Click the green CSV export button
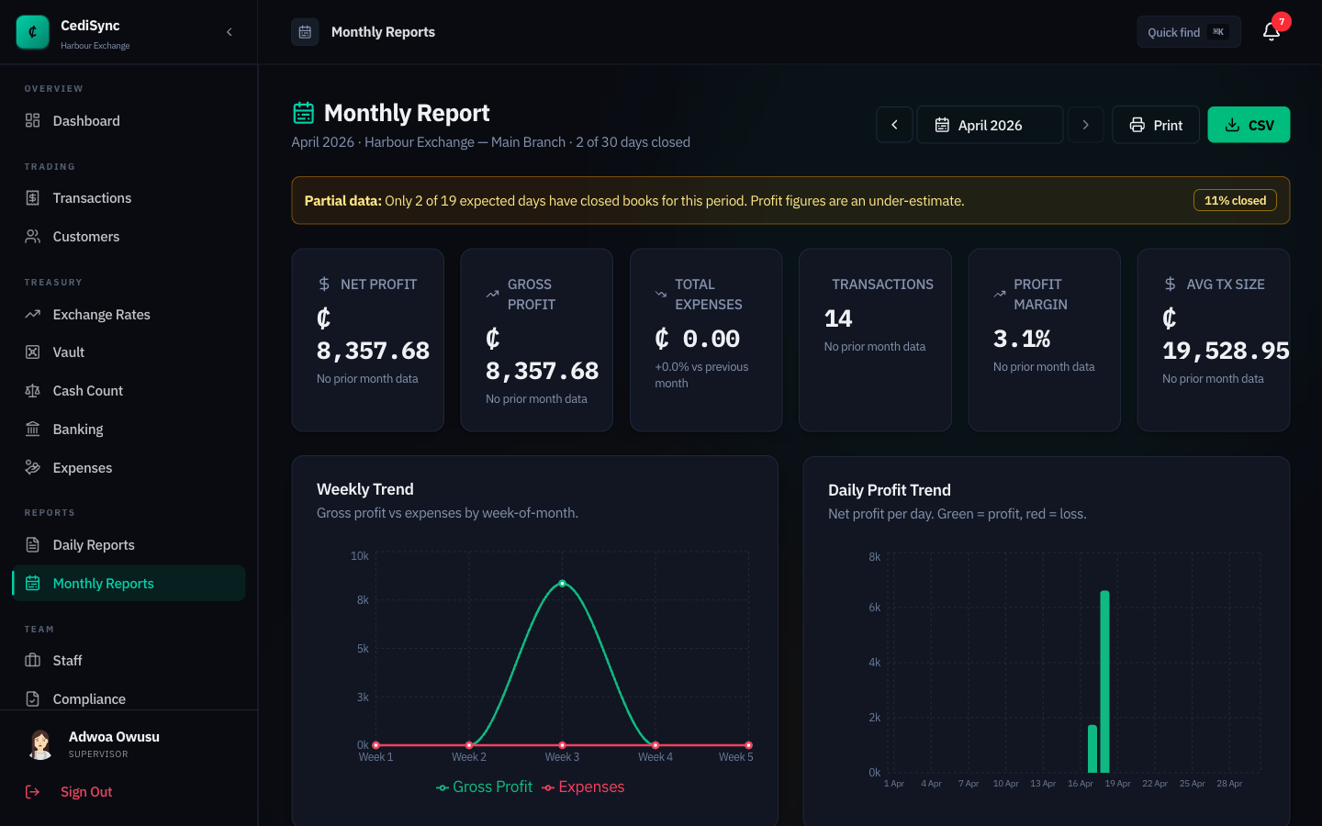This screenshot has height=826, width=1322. tap(1248, 125)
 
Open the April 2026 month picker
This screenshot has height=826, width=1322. tap(989, 125)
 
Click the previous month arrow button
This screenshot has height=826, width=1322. tap(894, 125)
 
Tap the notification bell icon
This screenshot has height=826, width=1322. tap(1271, 32)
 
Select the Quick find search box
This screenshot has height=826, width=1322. tap(1187, 32)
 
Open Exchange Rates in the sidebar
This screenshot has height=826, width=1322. tap(101, 315)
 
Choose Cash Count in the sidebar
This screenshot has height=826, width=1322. tap(87, 391)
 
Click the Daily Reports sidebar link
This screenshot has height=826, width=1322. tap(94, 545)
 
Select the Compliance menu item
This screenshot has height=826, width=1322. tap(89, 698)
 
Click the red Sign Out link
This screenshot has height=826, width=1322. tap(86, 792)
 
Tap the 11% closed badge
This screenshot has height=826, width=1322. tap(1234, 200)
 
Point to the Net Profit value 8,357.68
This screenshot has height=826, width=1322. tap(373, 351)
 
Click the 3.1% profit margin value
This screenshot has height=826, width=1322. tap(1021, 339)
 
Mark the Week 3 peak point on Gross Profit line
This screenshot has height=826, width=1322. tap(563, 584)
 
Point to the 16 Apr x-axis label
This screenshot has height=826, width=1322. tap(1080, 784)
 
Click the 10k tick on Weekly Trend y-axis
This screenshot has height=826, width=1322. tap(359, 556)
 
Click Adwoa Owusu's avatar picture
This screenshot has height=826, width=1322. tap(40, 744)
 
